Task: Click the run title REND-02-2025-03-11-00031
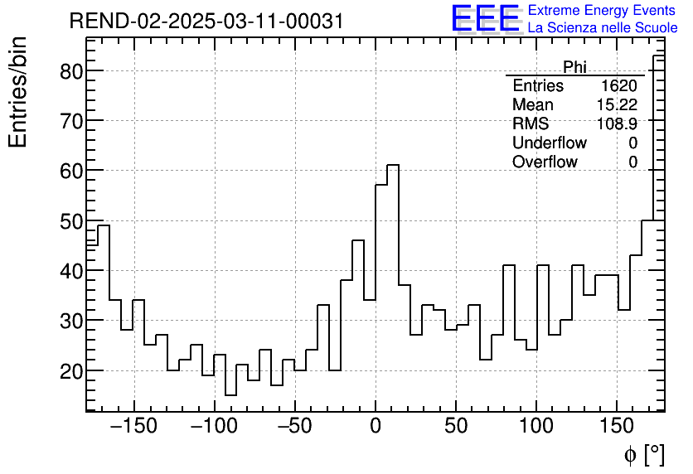coord(206,21)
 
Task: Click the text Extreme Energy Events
coord(603,11)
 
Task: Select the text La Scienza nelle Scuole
coord(603,28)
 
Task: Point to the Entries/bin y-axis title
coord(18,92)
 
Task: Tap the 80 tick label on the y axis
coord(72,71)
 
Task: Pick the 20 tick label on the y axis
coord(72,370)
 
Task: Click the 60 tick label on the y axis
coord(72,171)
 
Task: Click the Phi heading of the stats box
coord(574,67)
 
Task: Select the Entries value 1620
coord(618,86)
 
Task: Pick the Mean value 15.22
coord(617,105)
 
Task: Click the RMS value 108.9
coord(617,124)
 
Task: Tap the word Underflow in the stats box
coord(549,143)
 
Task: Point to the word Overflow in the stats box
coord(545,162)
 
